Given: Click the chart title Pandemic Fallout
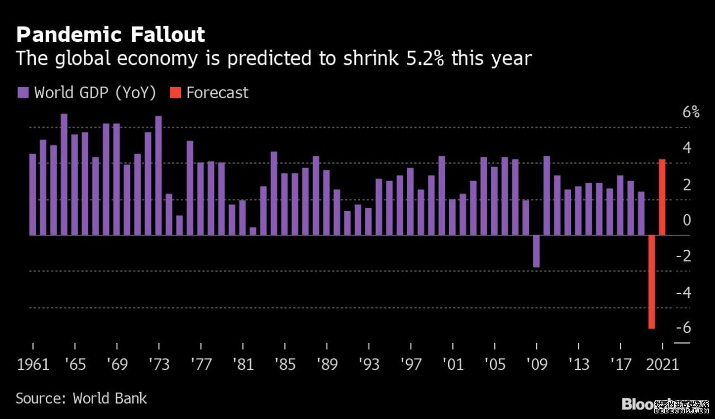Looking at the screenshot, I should pos(111,35).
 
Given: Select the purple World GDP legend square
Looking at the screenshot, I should pos(23,92).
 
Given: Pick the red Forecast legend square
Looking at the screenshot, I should pos(175,92).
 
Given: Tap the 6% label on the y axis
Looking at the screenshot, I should pos(691,112).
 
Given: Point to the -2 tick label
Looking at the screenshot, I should pos(683,256).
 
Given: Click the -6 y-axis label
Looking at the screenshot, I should pos(683,328).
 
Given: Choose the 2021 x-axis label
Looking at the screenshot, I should pos(662,365).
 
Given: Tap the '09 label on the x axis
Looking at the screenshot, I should pos(537,365).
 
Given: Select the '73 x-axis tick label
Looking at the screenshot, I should pos(159,365).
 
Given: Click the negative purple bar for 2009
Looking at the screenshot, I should pos(536,251).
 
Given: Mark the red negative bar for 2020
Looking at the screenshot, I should pos(651,282).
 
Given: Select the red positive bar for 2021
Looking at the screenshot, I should pos(662,197).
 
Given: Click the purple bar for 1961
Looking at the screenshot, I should pos(32,194).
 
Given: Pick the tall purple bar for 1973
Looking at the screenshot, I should pos(159,175).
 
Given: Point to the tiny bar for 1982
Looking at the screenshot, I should pos(253,231).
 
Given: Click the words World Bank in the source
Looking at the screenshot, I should pos(110,398).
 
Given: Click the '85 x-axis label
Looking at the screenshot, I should pos(285,365).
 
